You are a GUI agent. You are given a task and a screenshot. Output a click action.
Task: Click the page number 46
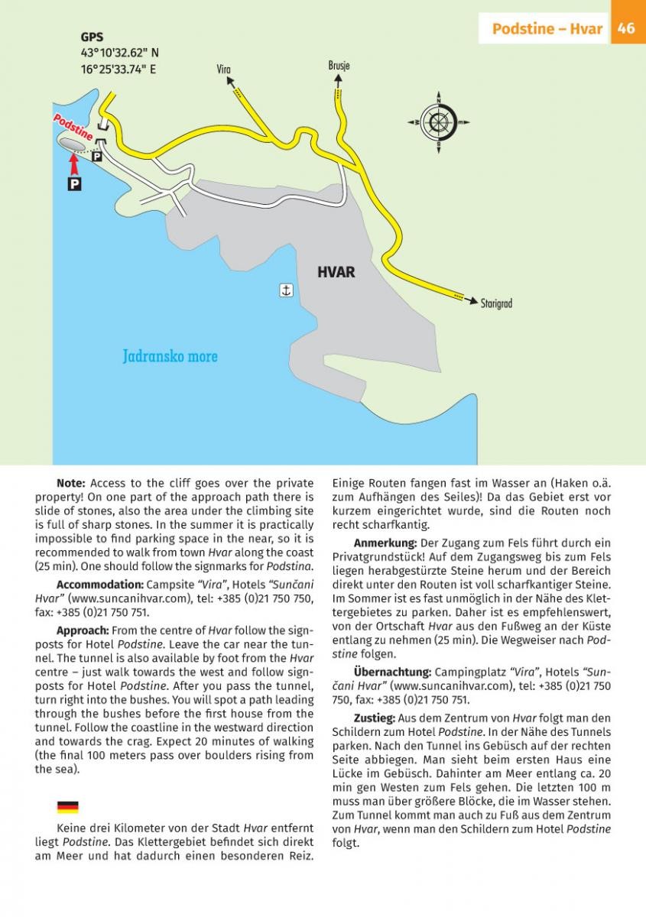627,29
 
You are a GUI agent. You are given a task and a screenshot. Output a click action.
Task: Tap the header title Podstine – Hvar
547,29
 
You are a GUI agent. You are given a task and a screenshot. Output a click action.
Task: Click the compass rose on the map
439,122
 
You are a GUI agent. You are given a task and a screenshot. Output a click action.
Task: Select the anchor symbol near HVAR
286,290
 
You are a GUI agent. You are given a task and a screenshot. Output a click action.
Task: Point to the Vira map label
223,70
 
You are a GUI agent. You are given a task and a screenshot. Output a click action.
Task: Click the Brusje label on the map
339,66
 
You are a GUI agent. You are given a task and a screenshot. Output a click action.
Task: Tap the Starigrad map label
496,303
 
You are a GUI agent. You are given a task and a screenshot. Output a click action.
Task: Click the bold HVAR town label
336,272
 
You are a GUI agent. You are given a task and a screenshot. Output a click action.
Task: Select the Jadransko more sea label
170,356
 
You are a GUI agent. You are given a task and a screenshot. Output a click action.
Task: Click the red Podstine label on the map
73,127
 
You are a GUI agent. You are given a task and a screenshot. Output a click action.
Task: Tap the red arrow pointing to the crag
74,164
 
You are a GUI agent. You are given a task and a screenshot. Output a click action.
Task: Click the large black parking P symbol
75,184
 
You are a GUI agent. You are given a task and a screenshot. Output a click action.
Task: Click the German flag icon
67,807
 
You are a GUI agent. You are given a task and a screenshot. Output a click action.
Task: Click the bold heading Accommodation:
100,585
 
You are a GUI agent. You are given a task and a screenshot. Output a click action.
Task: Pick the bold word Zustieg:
375,718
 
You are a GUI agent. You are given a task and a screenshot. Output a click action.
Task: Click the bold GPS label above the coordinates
92,37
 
